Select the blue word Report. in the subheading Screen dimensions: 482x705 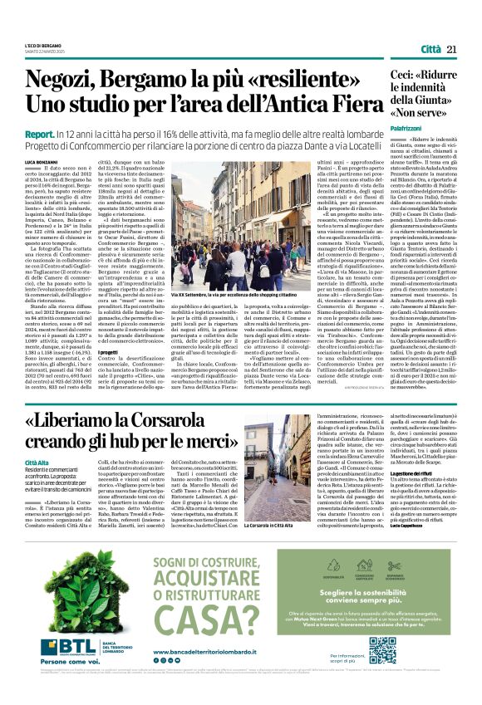(41, 133)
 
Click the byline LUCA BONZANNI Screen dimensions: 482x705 (42, 160)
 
